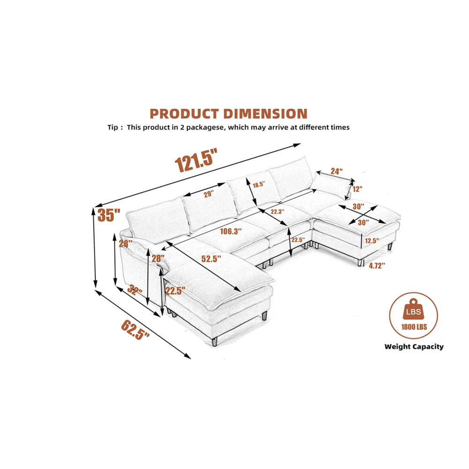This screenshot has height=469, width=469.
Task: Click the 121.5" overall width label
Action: [196, 161]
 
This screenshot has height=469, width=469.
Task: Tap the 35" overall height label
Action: [109, 215]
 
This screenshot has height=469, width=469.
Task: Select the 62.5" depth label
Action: [135, 330]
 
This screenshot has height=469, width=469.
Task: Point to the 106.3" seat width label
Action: [231, 231]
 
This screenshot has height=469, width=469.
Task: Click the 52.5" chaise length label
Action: [211, 259]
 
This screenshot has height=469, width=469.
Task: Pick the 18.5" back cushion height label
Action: [259, 184]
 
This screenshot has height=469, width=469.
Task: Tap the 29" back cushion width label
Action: [209, 194]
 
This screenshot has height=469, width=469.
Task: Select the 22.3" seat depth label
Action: [277, 212]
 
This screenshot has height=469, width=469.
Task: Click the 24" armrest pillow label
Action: [336, 171]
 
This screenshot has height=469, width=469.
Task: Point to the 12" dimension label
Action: [357, 189]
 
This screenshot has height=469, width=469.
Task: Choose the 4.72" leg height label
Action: [377, 265]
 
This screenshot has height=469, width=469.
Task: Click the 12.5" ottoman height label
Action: [372, 241]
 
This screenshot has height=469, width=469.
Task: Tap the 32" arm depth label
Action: [135, 290]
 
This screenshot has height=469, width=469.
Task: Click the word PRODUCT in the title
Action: [184, 114]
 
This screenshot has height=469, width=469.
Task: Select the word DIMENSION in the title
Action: [265, 114]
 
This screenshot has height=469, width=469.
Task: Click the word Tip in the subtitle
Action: [113, 128]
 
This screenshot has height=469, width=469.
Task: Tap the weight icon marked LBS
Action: [413, 310]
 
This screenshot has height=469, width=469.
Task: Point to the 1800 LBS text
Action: [414, 327]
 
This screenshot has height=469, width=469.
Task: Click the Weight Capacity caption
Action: [414, 347]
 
